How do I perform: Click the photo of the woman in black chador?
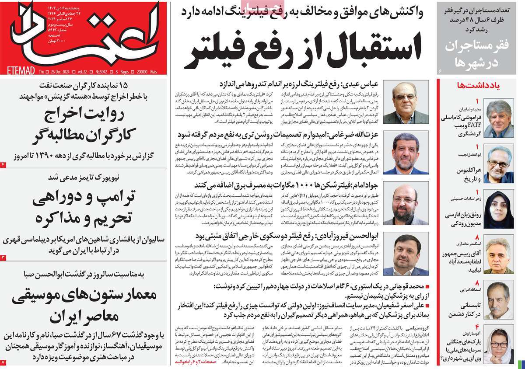pyautogui.click(x=499, y=209)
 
